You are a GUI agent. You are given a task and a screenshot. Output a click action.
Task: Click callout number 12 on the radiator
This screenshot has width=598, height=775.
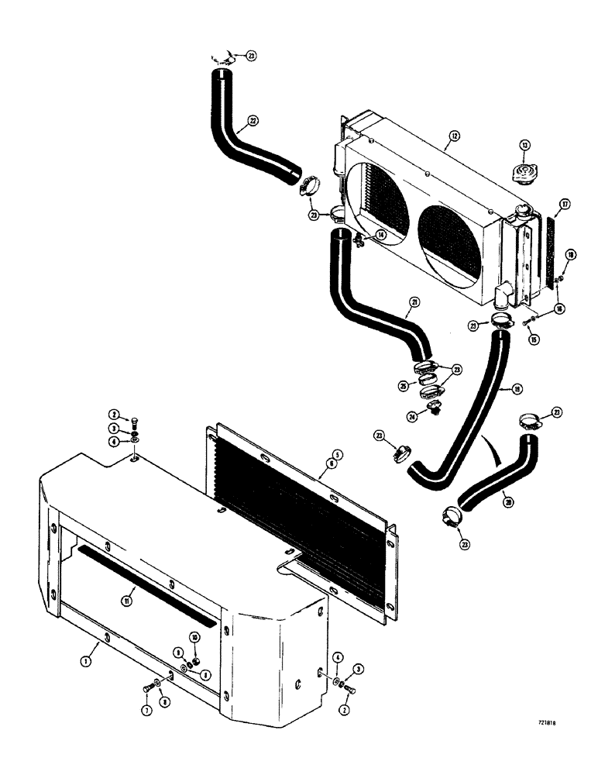coord(453,135)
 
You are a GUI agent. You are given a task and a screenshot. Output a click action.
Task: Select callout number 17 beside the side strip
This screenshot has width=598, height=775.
coord(565,205)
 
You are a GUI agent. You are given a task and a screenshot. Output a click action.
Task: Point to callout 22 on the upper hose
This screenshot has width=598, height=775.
coord(253,121)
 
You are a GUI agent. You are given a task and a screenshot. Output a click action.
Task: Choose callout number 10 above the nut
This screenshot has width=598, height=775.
coord(195,636)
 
